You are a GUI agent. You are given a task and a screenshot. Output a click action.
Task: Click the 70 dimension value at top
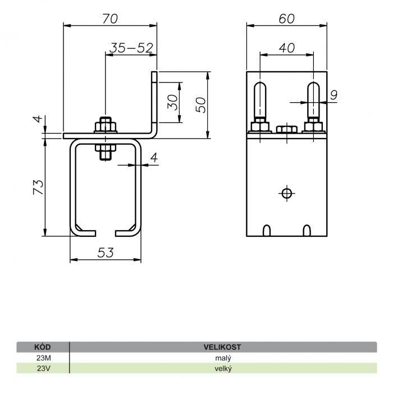[x=110, y=19]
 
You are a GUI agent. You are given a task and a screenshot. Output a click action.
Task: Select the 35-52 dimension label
[x=131, y=48]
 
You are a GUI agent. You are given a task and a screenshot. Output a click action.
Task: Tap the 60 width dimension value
[x=287, y=19]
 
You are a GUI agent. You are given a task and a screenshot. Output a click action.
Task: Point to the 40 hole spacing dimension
[x=287, y=48]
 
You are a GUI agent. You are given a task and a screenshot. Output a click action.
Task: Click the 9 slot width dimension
[x=334, y=95]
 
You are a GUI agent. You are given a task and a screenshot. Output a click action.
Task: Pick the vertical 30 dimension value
[x=173, y=102]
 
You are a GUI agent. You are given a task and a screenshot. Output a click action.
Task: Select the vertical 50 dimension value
[x=200, y=105]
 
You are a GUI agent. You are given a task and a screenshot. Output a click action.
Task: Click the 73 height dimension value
[x=38, y=187]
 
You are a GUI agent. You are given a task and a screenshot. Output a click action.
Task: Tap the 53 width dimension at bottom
[x=106, y=253]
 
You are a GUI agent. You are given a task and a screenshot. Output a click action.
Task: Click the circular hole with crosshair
[x=287, y=194]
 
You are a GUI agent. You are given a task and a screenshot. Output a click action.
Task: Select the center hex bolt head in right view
[x=287, y=129]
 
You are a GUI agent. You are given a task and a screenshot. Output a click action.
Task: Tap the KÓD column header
[x=43, y=347]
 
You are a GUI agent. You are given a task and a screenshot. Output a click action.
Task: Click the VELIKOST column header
[x=222, y=347]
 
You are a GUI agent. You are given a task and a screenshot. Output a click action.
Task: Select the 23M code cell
[x=44, y=358]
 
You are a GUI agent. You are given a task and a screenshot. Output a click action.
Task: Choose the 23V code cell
[x=44, y=368]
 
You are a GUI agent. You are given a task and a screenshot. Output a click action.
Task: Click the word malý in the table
[x=223, y=358]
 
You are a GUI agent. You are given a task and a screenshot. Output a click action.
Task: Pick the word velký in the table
[x=223, y=369]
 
